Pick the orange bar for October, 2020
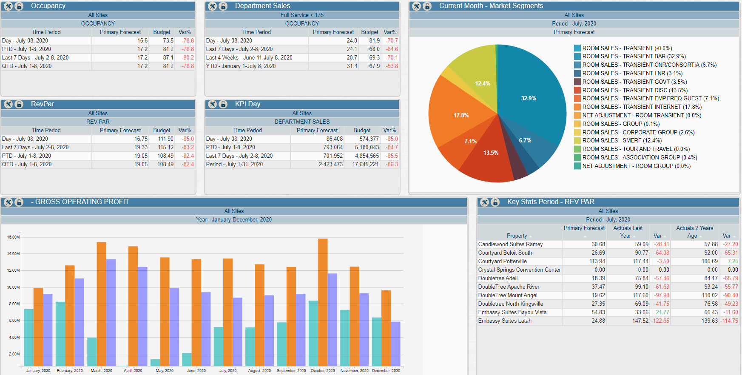[323, 302]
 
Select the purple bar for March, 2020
[111, 312]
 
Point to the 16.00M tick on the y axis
[13, 237]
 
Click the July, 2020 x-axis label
[228, 371]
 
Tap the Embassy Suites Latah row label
[505, 321]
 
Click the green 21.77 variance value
[662, 312]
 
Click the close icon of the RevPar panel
[8, 104]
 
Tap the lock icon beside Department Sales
[223, 6]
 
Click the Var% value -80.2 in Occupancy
[188, 58]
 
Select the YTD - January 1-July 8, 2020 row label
[241, 66]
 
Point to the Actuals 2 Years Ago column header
[694, 232]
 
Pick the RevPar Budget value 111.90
[165, 139]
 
